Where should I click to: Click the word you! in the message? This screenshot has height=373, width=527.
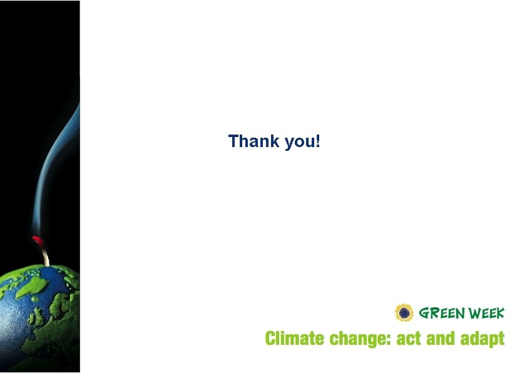tap(302, 142)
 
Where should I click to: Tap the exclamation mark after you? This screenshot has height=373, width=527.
tap(318, 141)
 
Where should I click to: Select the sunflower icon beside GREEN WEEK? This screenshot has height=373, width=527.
tap(404, 312)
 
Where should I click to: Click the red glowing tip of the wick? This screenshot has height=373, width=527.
tap(37, 240)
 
